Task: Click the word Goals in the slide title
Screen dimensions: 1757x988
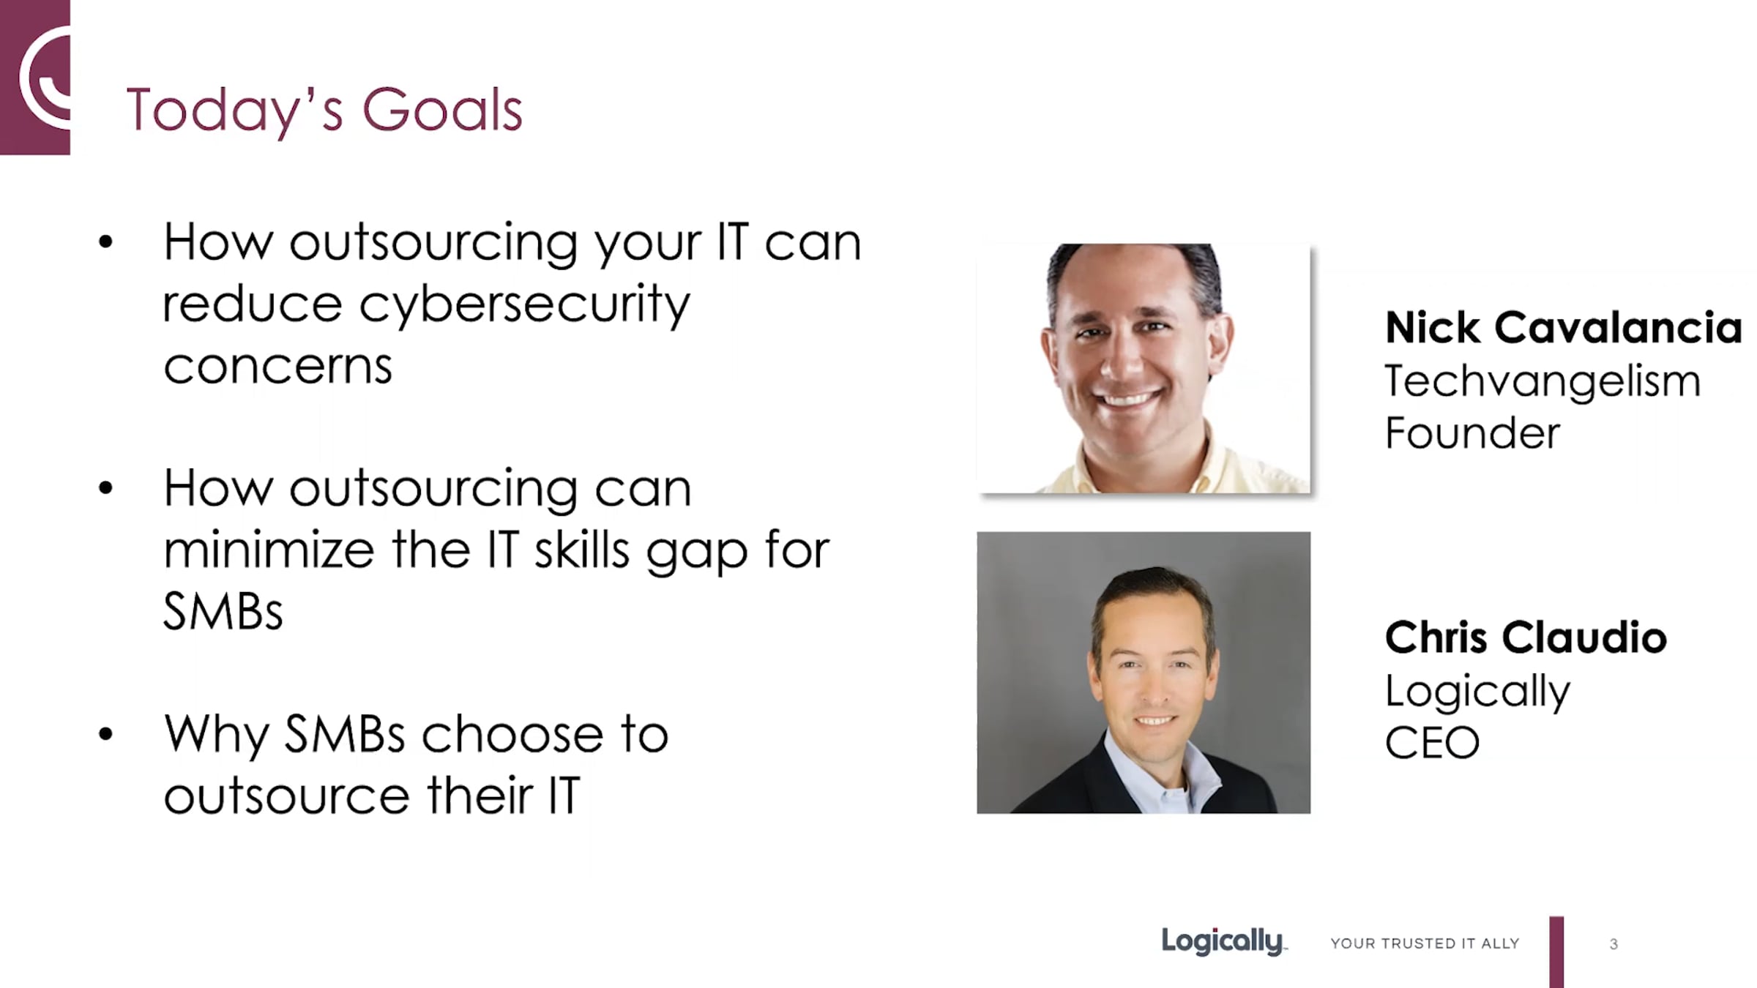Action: coord(442,110)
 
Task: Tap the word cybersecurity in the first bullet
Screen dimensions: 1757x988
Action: coord(524,304)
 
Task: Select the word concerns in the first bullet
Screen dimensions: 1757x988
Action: coord(277,366)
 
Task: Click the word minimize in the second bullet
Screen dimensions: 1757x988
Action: coord(269,550)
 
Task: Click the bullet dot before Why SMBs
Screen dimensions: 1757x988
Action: coord(106,734)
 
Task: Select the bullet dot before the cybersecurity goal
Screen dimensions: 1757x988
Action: coord(106,242)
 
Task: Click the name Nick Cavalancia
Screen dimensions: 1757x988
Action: coord(1563,327)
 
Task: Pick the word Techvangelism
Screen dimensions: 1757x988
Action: coord(1542,382)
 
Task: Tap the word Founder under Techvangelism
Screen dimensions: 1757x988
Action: coord(1472,433)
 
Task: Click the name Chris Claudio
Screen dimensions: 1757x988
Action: coord(1526,637)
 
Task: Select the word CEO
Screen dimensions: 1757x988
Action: coord(1432,743)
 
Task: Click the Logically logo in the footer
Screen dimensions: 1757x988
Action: coord(1223,942)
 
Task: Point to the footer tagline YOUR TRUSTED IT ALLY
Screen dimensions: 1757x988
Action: coord(1425,943)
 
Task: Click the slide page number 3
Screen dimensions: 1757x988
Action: coord(1614,944)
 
